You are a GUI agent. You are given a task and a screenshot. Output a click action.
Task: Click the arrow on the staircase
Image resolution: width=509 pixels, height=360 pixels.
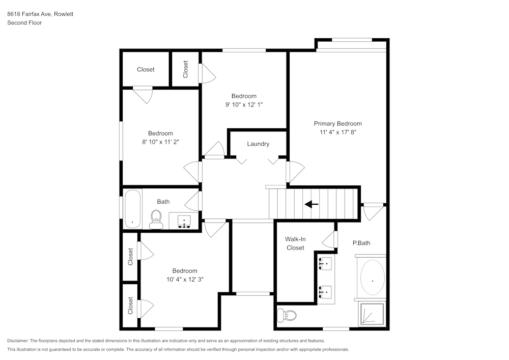coord(311,204)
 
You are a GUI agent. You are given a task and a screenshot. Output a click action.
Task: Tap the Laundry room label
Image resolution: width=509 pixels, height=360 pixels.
coord(258,144)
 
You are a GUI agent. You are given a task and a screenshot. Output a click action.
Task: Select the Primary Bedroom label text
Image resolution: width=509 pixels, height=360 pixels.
coord(337,124)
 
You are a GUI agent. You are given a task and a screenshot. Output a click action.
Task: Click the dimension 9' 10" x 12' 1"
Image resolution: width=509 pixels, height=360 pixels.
coord(244,104)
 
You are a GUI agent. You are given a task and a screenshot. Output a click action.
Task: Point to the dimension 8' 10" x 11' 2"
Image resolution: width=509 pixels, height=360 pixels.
coord(160,142)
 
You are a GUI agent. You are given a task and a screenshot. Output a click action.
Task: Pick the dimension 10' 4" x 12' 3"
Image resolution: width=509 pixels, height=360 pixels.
coord(184,279)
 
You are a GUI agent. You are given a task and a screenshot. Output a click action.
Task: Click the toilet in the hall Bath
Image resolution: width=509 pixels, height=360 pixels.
coord(156,219)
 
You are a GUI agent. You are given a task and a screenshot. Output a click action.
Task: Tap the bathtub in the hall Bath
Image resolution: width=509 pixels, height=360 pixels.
coord(132,209)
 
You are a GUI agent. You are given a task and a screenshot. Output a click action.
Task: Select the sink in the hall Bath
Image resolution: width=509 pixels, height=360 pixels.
coord(184,221)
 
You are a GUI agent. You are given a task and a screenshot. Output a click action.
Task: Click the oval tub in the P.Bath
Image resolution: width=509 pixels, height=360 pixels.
coord(373,279)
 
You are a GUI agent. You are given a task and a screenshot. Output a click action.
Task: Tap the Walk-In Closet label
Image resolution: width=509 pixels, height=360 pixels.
coord(295,243)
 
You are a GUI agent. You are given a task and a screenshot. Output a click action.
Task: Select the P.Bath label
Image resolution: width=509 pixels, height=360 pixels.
coord(361,243)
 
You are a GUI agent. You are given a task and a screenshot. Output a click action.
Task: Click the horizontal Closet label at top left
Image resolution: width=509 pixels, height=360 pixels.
coord(146,69)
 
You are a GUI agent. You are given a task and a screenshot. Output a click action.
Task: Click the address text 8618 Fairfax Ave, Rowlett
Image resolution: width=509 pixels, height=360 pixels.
coord(40,14)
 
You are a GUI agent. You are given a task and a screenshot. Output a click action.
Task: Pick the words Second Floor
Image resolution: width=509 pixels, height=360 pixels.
coord(24,23)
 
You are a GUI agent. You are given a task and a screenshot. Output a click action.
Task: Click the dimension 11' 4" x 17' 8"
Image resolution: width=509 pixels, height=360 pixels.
coord(337,132)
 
